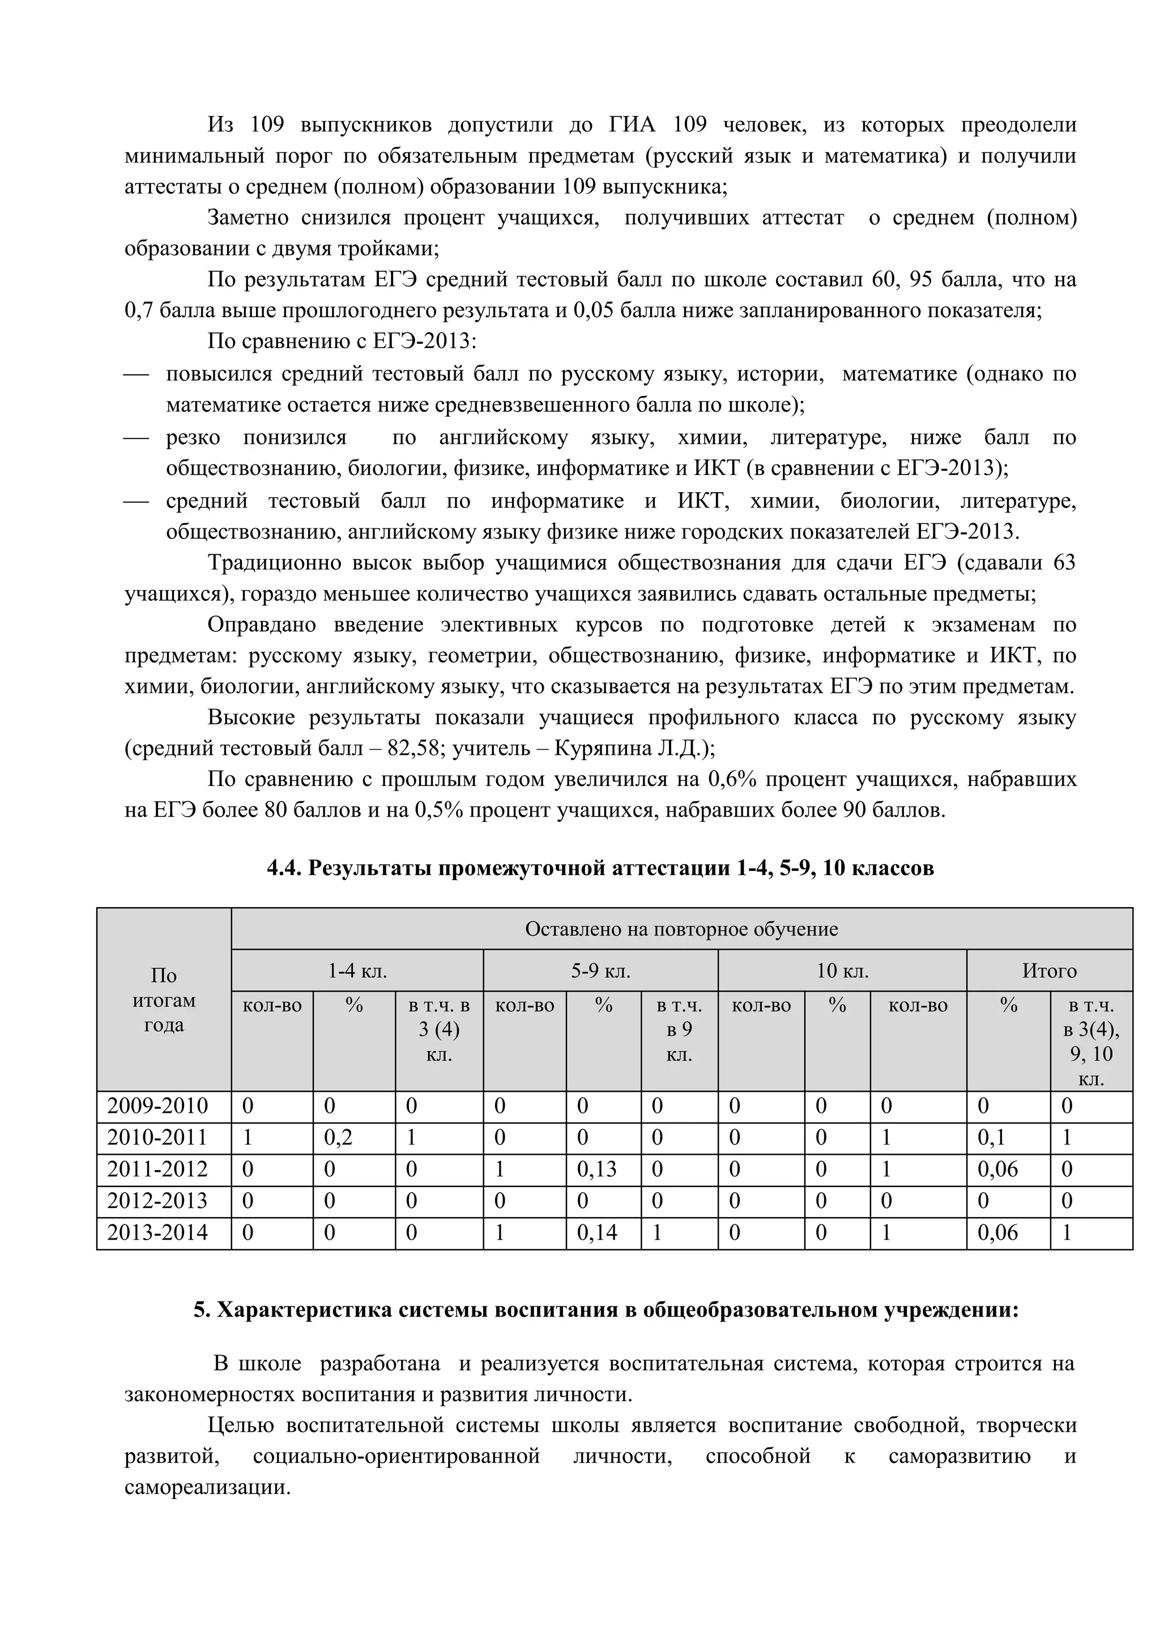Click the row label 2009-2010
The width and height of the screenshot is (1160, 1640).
(x=157, y=1107)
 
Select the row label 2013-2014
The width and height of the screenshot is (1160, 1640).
(x=157, y=1233)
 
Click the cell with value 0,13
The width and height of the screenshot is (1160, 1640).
(x=596, y=1169)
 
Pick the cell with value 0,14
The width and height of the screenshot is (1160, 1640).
(x=596, y=1233)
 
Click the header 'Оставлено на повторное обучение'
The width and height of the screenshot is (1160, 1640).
(x=681, y=929)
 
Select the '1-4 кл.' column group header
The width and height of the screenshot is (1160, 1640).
(x=357, y=971)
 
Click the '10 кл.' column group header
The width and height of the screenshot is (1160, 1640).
(x=842, y=971)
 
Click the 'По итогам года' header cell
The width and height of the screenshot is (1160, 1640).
(x=164, y=1000)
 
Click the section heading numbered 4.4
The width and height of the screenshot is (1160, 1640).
(x=600, y=868)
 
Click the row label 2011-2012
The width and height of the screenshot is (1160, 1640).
(x=157, y=1169)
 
